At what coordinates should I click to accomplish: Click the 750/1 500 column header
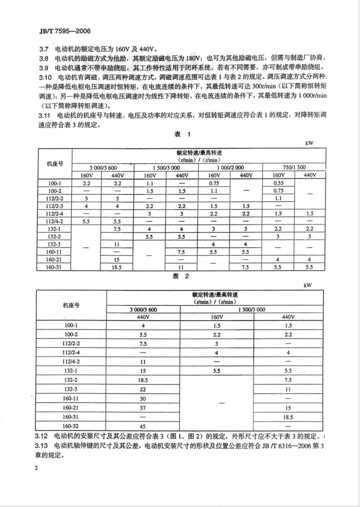coord(294,168)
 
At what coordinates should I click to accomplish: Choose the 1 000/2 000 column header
coord(230,168)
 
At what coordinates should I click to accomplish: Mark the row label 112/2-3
coord(55,206)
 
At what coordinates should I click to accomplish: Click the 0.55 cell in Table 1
coord(278,183)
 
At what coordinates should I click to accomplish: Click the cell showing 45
coord(143,426)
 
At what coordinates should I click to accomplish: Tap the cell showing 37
coord(143,408)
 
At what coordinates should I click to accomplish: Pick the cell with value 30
coord(143,399)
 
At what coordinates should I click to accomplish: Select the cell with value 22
coord(143,389)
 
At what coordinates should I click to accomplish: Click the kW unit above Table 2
coord(307,285)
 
